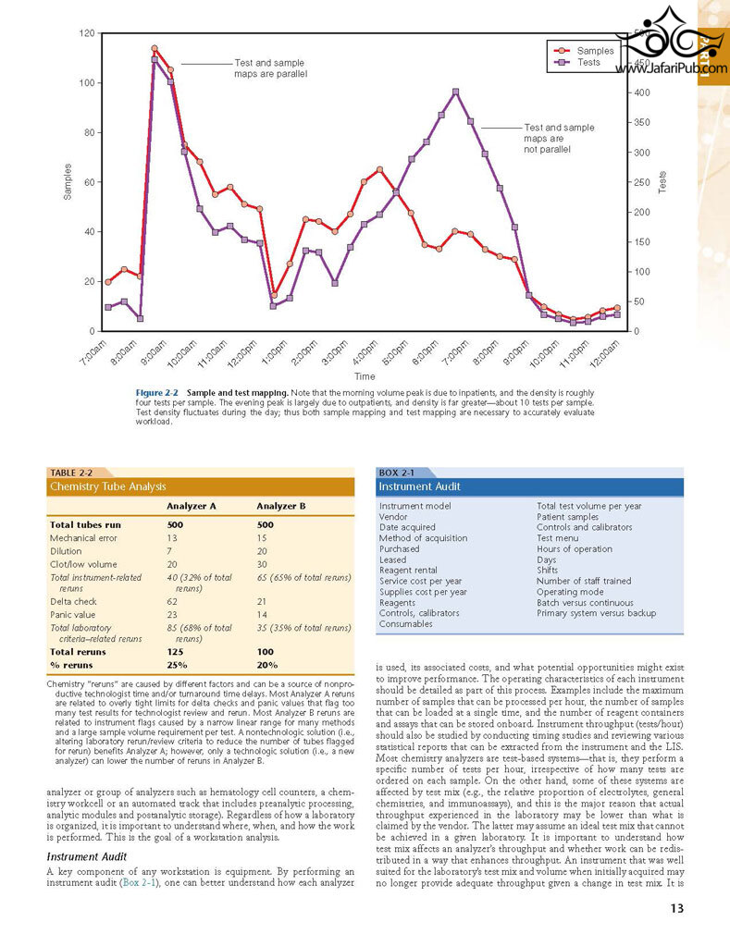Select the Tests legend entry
click(576, 62)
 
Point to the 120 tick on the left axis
click(87, 33)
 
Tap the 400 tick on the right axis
click(642, 92)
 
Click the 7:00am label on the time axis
click(94, 352)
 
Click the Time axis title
click(365, 376)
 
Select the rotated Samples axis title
click(68, 181)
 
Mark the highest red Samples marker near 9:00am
click(155, 48)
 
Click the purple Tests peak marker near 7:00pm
click(455, 92)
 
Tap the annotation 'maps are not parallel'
click(547, 143)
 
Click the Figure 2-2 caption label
click(156, 392)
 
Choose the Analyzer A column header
click(192, 507)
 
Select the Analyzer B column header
click(281, 507)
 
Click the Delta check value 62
click(172, 602)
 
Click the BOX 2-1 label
click(396, 473)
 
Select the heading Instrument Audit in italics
click(87, 856)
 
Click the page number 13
click(676, 908)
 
